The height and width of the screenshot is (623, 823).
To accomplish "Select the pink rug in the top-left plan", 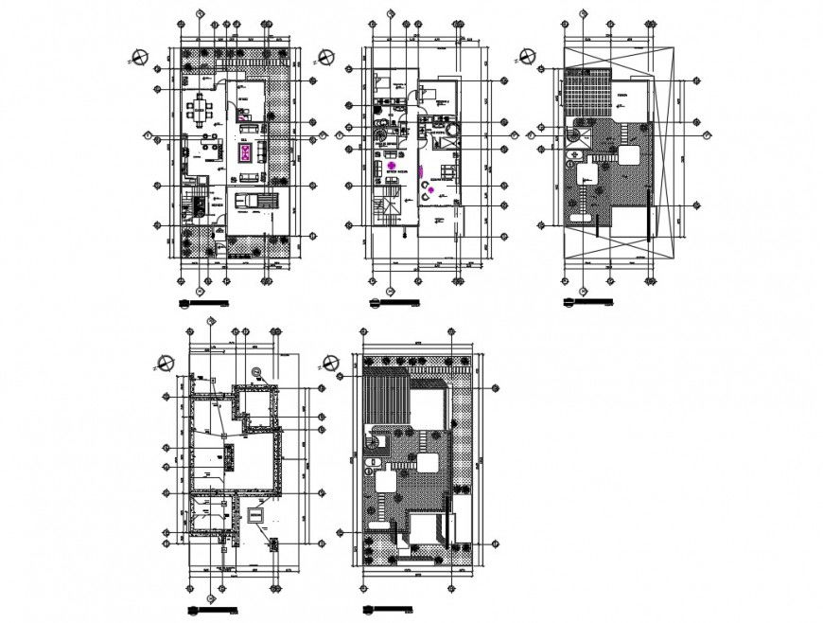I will tap(246, 152).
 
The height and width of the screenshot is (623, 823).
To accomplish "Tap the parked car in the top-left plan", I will tap(253, 200).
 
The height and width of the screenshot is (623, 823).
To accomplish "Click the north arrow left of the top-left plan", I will tap(140, 57).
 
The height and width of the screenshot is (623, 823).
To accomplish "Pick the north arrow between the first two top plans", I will tap(327, 57).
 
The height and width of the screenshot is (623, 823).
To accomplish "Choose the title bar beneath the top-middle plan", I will tap(394, 304).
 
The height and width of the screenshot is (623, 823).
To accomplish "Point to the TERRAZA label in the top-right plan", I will tap(622, 96).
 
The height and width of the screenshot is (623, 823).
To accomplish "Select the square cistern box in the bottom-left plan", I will tap(254, 514).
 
